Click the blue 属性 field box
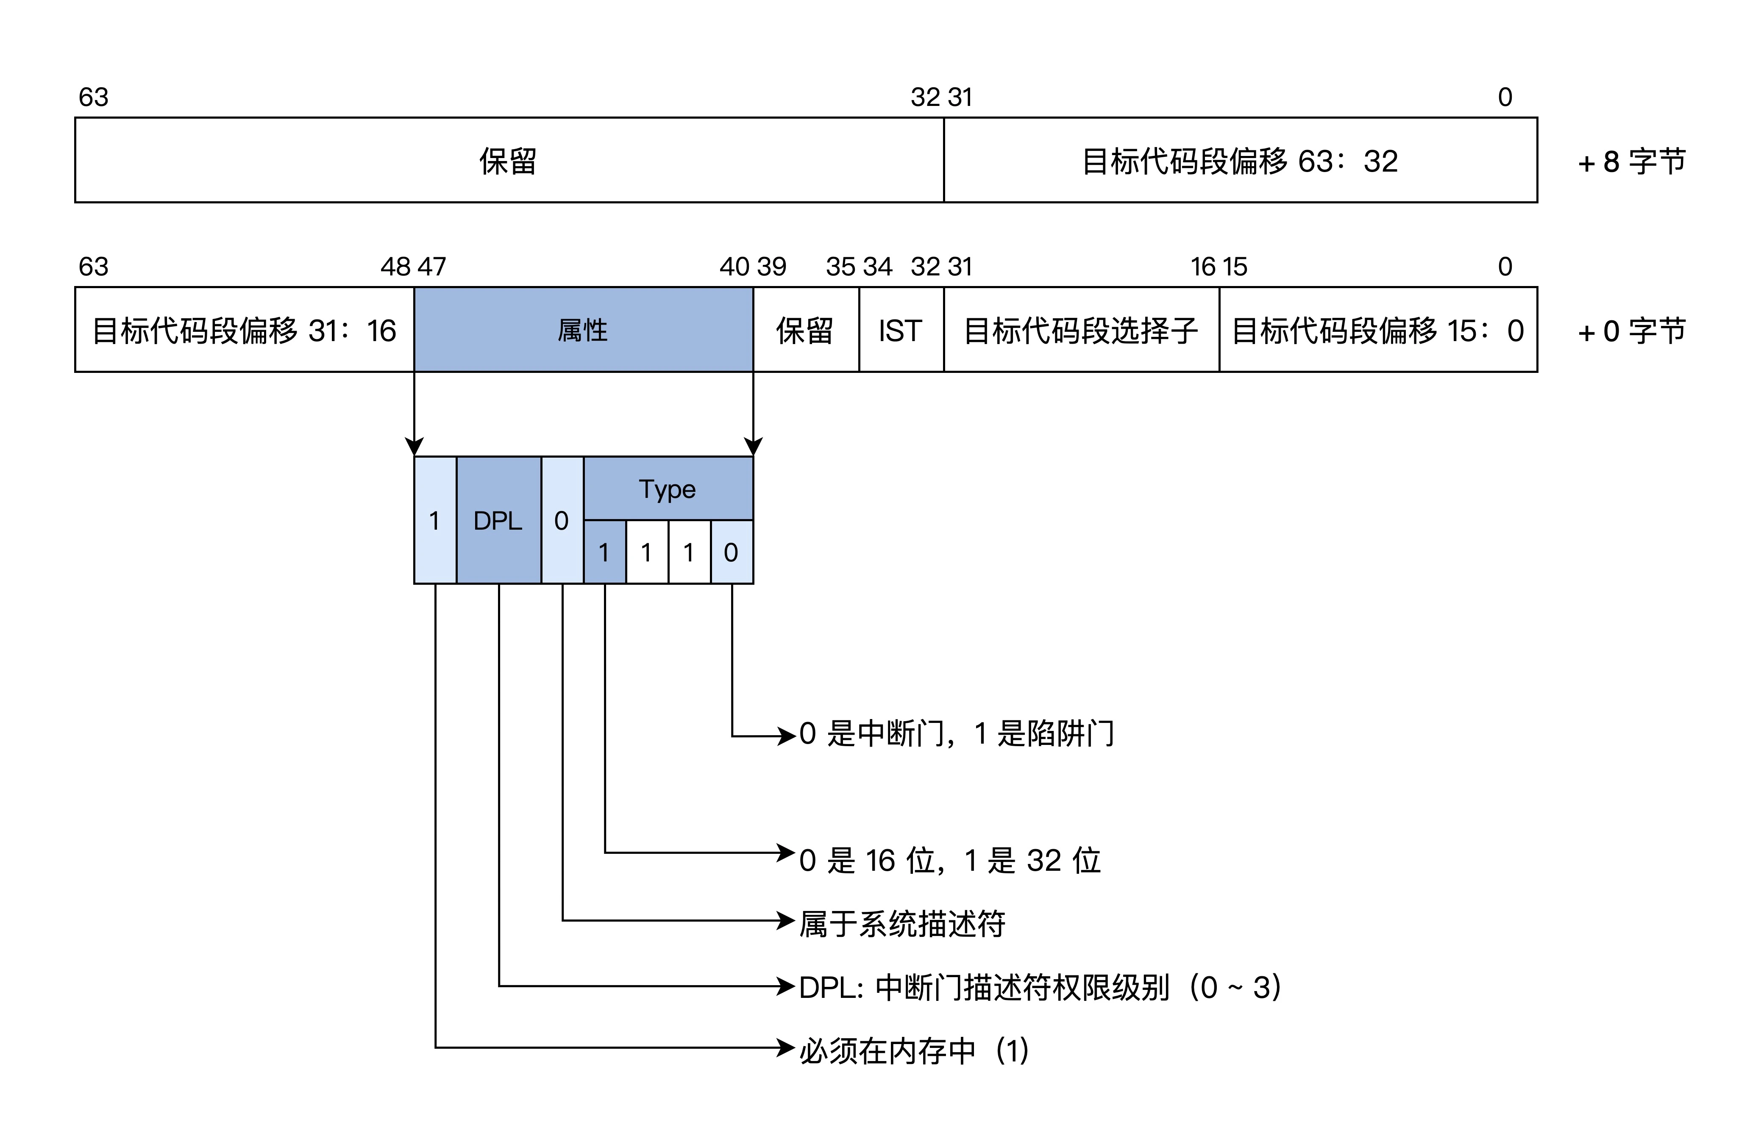click(x=583, y=330)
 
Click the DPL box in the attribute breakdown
click(x=498, y=520)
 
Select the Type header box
click(x=668, y=488)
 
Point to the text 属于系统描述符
click(x=902, y=923)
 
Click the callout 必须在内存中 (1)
click(x=914, y=1050)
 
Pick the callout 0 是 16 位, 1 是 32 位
click(x=949, y=860)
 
